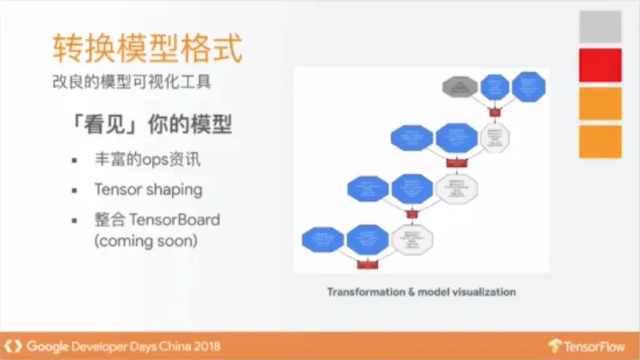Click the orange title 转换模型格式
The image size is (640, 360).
click(x=148, y=50)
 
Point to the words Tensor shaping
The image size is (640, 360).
click(x=148, y=189)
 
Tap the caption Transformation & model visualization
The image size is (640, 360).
click(x=421, y=292)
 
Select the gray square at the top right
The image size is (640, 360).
click(x=600, y=27)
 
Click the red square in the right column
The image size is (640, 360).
click(x=600, y=66)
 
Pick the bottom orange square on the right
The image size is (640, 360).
click(x=600, y=141)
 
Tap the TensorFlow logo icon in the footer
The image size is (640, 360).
click(x=554, y=346)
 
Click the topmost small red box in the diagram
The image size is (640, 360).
click(x=494, y=112)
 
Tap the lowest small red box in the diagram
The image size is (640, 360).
click(x=366, y=264)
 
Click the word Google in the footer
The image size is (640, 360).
click(x=47, y=346)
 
